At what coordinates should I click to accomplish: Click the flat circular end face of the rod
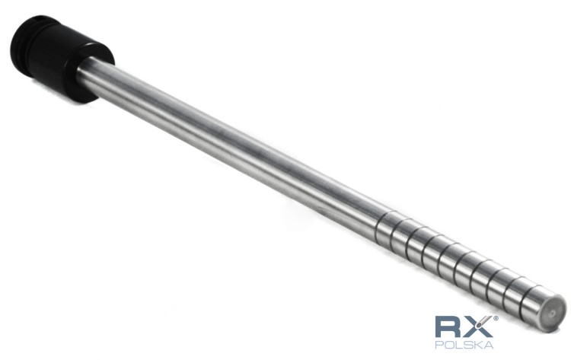tap(553, 313)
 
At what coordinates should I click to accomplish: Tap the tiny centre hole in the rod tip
tap(553, 313)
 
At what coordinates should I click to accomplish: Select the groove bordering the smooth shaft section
tap(378, 227)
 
